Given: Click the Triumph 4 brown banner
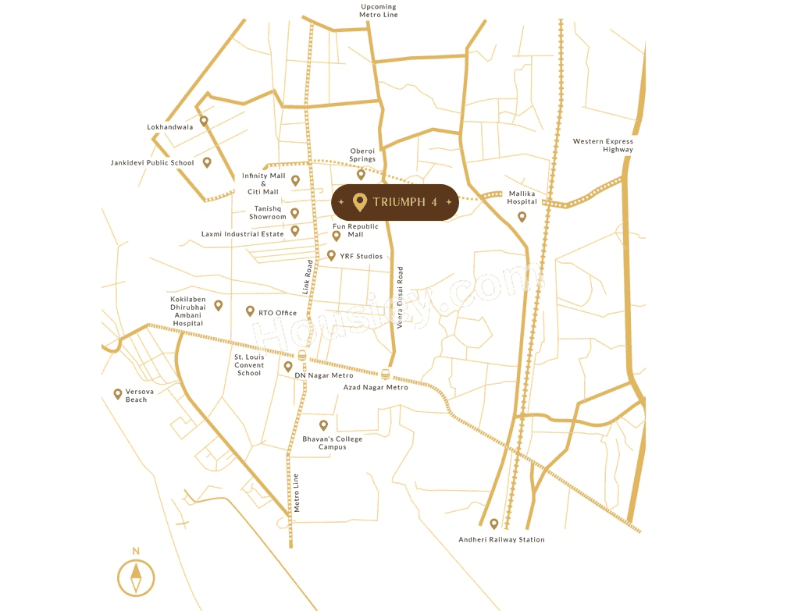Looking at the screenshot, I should point(394,202).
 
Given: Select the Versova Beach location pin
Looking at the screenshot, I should point(118,394).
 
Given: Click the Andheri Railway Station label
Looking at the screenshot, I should point(501,539).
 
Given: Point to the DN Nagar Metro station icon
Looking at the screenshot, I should point(302,356).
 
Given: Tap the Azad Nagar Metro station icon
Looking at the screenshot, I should point(386,374).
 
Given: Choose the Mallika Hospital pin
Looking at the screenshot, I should point(522,216).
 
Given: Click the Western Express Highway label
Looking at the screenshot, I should point(603,145).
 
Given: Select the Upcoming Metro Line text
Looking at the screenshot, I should point(379,11).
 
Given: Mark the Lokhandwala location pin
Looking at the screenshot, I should point(204,121).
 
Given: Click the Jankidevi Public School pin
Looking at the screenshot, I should point(207,162).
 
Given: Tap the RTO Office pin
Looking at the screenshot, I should point(250,311).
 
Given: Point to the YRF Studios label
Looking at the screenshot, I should point(361,256).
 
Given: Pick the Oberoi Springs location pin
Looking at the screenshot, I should point(361,175).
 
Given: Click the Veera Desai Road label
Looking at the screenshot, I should point(400,297).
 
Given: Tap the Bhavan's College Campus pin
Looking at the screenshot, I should point(323,425).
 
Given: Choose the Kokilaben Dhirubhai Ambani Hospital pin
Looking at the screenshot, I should point(219,305).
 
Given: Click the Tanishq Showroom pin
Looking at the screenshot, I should point(294,213).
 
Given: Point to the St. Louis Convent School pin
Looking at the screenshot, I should point(288,366).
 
